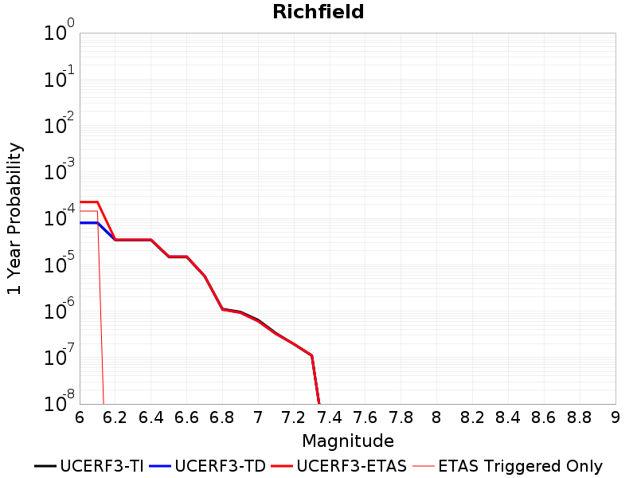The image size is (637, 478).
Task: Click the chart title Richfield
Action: click(318, 11)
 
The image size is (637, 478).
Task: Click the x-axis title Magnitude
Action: click(348, 441)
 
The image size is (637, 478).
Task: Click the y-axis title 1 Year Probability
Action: click(14, 218)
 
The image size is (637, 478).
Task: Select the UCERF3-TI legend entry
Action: click(89, 466)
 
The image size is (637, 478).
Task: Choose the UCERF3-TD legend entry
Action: click(207, 466)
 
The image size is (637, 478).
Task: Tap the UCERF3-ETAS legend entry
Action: click(338, 466)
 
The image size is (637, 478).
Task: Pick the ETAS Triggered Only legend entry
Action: click(507, 466)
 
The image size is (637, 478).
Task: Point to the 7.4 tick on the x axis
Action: click(330, 417)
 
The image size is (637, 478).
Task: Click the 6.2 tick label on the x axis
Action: click(115, 417)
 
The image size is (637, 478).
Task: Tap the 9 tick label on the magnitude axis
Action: click(616, 417)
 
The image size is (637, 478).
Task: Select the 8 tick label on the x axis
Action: click(436, 417)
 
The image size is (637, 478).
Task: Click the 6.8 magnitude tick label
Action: click(222, 417)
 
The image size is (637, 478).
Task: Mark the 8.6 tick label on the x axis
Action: click(544, 417)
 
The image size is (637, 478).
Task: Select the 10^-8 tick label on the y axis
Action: click(59, 402)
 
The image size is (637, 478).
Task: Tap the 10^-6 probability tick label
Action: click(59, 308)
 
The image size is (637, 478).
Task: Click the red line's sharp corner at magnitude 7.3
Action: click(311, 355)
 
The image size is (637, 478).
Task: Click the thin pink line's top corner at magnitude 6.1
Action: click(97, 211)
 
